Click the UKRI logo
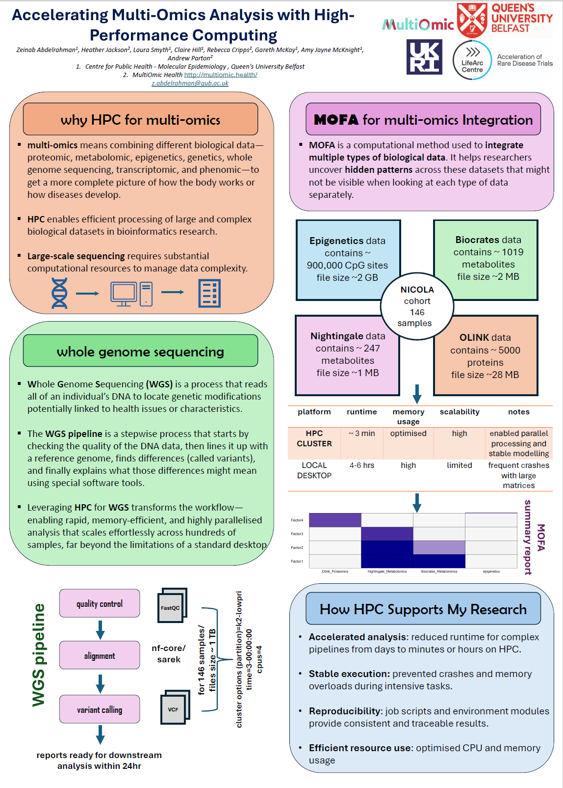(x=424, y=57)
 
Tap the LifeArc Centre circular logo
(x=472, y=60)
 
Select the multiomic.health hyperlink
(x=220, y=75)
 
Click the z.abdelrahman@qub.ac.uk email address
(x=190, y=83)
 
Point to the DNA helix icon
(x=59, y=293)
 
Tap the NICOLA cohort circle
(x=417, y=306)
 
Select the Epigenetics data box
(x=347, y=259)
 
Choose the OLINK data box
(x=485, y=355)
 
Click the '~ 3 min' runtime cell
(x=361, y=434)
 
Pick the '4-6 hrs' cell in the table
(x=361, y=465)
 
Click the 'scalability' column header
(x=460, y=412)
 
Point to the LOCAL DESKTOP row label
(x=314, y=470)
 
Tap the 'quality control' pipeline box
(x=100, y=603)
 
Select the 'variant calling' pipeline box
(x=100, y=709)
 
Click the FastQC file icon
(x=171, y=606)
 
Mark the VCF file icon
(x=174, y=708)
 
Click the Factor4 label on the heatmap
(x=297, y=520)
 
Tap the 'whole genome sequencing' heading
(x=140, y=352)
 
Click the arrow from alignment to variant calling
(x=100, y=683)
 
